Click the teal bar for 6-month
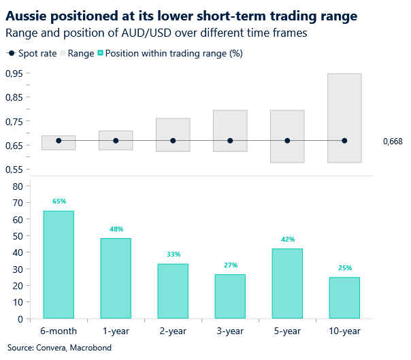[x=59, y=264]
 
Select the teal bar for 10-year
[x=344, y=297]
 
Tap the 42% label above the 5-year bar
[x=287, y=240]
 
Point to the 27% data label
[x=230, y=265]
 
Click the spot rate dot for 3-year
[x=230, y=141]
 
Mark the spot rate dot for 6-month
[x=59, y=141]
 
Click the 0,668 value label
[x=393, y=142]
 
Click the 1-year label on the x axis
[x=116, y=331]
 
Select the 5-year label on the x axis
[x=287, y=331]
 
